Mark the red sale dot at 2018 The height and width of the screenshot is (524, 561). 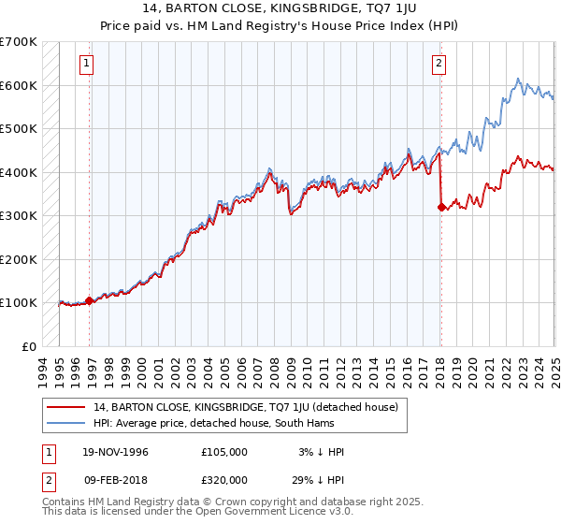pos(440,207)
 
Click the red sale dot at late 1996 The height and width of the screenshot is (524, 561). pos(90,300)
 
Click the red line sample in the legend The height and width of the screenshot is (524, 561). pos(67,407)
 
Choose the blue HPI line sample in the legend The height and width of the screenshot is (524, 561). pos(67,423)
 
